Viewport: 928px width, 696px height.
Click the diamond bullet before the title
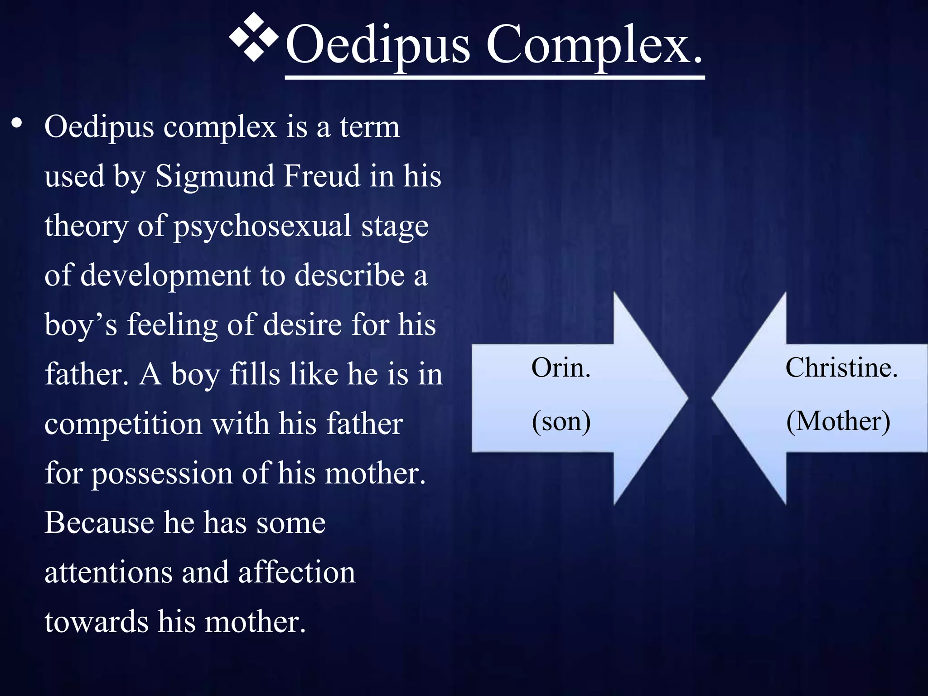tap(253, 37)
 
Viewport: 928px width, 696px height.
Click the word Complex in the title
tap(594, 45)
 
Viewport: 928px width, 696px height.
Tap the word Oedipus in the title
tap(378, 45)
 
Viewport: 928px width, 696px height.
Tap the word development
tap(166, 275)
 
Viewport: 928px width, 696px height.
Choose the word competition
tap(123, 424)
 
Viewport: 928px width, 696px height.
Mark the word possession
tap(162, 474)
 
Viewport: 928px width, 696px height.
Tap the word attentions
tap(108, 572)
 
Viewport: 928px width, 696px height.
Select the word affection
tap(297, 572)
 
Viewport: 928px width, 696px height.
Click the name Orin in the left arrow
tap(561, 367)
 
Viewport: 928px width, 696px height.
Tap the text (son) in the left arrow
tap(561, 421)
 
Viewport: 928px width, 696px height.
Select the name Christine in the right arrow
tap(841, 367)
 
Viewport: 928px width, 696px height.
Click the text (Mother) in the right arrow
tap(838, 421)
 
